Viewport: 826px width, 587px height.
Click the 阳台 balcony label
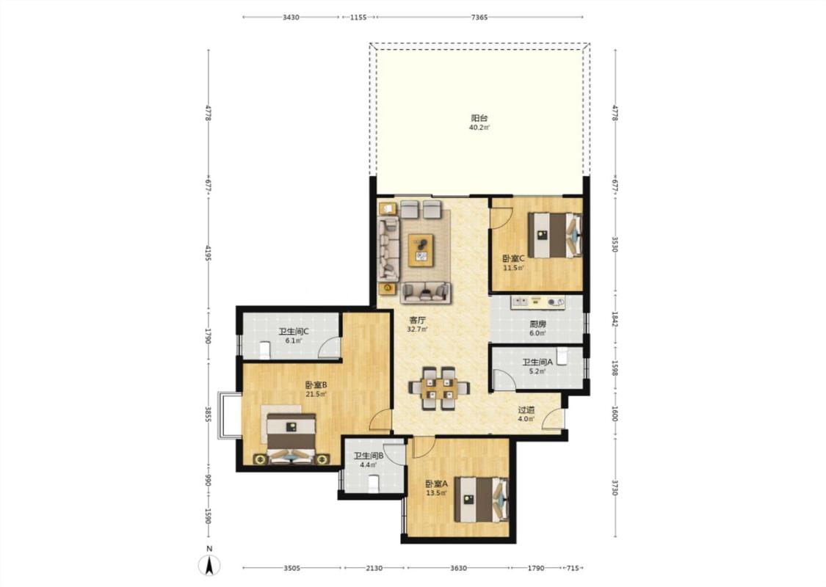coord(479,118)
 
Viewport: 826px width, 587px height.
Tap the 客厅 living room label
coord(418,320)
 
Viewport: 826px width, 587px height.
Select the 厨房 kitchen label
coord(538,324)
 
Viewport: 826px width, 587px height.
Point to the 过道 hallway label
coord(526,409)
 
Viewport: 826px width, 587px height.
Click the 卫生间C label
coord(294,332)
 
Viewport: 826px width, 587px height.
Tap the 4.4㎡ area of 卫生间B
coord(369,465)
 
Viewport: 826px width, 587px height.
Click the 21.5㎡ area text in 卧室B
coord(316,394)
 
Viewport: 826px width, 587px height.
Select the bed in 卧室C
coord(555,235)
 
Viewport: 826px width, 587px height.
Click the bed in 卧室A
coord(482,499)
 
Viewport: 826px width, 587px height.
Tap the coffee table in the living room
coord(421,249)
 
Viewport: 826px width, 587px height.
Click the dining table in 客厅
coord(439,388)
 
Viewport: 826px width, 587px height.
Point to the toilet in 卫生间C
coord(265,349)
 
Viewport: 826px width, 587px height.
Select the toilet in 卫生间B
coord(374,484)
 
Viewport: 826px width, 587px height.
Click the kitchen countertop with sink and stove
coord(537,302)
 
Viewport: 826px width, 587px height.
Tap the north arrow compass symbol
coord(209,565)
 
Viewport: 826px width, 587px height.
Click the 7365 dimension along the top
coord(479,18)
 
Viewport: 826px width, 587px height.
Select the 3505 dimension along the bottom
coord(291,568)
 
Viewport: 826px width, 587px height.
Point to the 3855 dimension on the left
coord(209,415)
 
